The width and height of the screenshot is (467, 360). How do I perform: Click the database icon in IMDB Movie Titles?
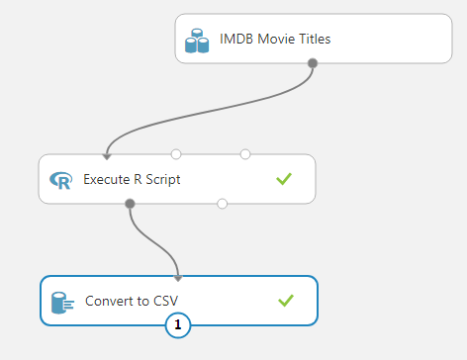198,41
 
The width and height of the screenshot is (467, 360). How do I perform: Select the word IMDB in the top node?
236,40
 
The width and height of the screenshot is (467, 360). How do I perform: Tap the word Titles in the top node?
312,40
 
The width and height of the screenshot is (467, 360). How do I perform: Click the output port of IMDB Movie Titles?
313,63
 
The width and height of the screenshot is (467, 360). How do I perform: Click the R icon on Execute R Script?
61,180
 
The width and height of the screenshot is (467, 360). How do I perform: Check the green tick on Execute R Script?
285,179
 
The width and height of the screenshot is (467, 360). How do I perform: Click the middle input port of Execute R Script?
176,154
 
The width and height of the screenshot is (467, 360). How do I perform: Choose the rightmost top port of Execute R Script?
245,154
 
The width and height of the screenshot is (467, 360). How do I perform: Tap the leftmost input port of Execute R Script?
107,154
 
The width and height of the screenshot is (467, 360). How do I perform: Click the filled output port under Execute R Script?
130,204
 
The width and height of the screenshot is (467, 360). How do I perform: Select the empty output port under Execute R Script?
222,204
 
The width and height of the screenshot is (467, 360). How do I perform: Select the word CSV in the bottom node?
163,301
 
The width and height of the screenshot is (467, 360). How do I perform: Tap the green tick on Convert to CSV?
285,300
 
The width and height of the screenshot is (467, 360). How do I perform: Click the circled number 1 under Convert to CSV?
178,324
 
